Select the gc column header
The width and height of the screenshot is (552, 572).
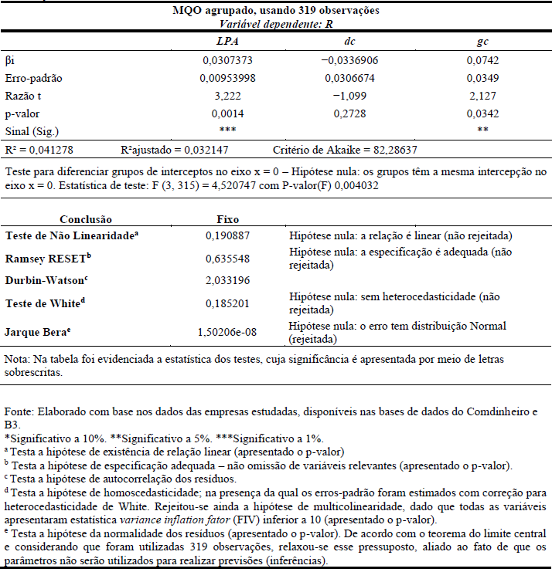click(x=482, y=41)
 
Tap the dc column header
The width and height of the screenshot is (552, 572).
click(x=349, y=41)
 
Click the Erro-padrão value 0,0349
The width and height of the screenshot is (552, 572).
click(x=482, y=77)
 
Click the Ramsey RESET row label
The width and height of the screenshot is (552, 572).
click(x=48, y=257)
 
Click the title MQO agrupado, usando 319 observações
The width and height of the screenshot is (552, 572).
click(x=275, y=11)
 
